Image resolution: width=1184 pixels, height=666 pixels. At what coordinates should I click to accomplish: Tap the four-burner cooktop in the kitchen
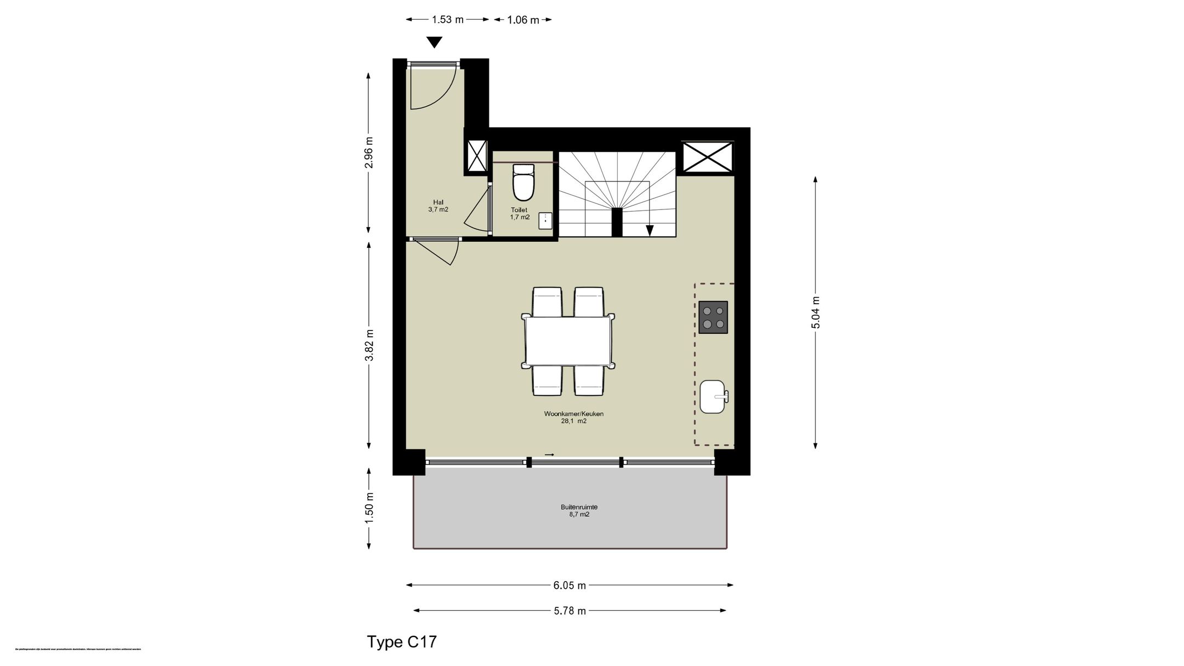(713, 317)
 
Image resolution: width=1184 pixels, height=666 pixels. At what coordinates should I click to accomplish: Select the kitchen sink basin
(713, 396)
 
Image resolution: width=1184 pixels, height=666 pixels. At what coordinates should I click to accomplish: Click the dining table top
(568, 341)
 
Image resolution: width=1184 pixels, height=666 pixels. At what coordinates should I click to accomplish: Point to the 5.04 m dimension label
(816, 312)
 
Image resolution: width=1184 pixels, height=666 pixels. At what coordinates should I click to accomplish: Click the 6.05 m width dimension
(570, 585)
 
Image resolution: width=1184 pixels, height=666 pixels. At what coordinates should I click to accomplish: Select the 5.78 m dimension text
(570, 611)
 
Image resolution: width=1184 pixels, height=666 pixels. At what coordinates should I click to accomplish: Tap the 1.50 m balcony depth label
(369, 508)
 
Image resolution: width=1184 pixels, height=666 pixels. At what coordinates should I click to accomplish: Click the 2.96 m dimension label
(369, 153)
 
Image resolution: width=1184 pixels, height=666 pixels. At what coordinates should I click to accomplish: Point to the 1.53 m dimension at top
(447, 20)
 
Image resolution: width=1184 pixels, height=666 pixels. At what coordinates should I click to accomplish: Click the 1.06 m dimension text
(522, 20)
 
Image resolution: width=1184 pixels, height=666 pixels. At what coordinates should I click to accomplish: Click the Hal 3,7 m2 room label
(438, 206)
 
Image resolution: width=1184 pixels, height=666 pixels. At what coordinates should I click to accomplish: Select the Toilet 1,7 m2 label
(520, 213)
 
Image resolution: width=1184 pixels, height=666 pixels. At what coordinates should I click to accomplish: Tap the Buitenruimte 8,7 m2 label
(579, 510)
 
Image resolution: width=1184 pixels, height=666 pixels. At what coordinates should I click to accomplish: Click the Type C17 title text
(402, 642)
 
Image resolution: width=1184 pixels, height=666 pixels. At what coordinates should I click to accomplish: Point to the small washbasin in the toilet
(545, 220)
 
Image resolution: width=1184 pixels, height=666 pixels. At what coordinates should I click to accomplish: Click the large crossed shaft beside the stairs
(707, 156)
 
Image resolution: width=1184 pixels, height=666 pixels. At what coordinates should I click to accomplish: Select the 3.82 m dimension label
(369, 345)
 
